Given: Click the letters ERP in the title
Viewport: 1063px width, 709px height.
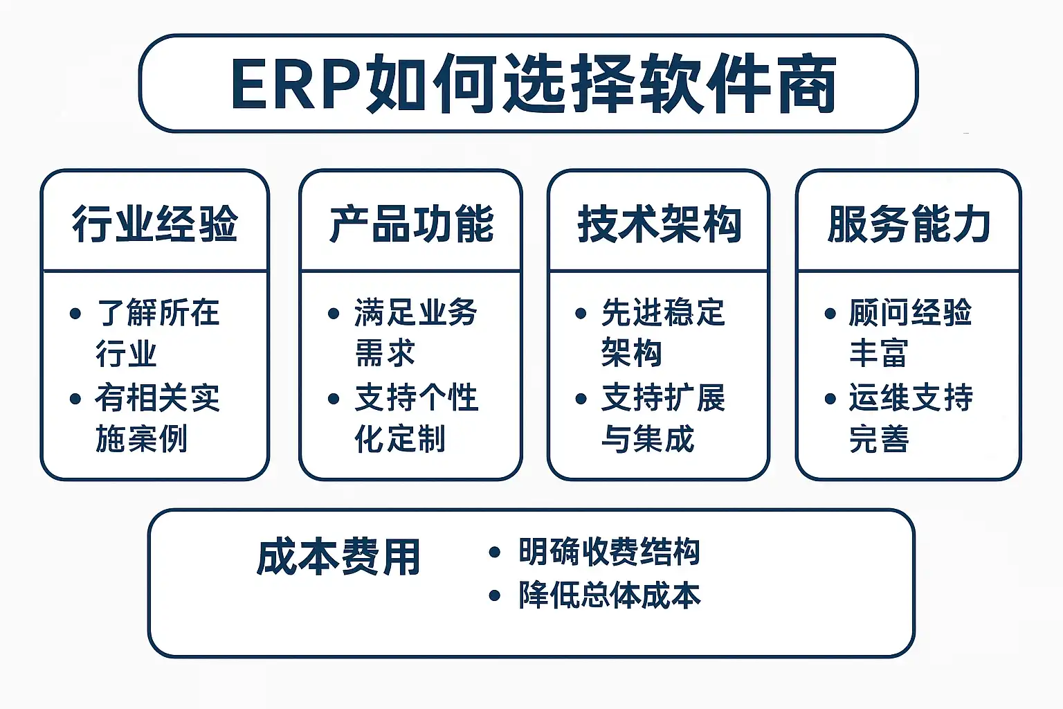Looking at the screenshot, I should click(296, 85).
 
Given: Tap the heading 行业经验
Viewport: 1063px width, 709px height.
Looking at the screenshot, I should click(155, 224).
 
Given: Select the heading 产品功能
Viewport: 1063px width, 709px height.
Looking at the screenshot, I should click(412, 224).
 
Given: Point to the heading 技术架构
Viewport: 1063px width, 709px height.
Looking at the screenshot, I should click(659, 224).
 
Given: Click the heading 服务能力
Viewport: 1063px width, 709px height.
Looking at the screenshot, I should click(909, 224).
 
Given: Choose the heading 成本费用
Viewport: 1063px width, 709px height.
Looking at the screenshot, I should click(338, 557).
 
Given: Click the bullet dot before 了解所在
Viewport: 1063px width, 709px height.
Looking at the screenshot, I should click(76, 314).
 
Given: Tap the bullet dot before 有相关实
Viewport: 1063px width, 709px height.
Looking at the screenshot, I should click(76, 399).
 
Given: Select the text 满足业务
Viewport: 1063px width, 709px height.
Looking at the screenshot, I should click(416, 313).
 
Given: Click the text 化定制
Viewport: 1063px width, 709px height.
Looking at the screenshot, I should click(400, 439).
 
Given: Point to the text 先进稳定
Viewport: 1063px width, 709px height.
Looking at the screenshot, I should click(663, 313).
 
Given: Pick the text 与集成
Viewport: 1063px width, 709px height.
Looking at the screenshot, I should click(648, 439).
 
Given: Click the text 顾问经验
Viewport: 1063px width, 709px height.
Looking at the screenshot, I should click(911, 313).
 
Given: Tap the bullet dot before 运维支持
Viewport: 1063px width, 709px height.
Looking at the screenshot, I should click(830, 399).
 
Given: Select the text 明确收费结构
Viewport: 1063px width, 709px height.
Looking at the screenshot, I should click(610, 552).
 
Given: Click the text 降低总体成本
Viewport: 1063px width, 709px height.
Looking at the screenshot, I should click(610, 595).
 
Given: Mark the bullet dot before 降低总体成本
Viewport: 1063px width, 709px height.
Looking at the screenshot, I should click(494, 595).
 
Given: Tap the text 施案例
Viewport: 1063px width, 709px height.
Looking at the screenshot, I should click(142, 439).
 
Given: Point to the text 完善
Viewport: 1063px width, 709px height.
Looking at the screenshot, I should click(879, 439).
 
